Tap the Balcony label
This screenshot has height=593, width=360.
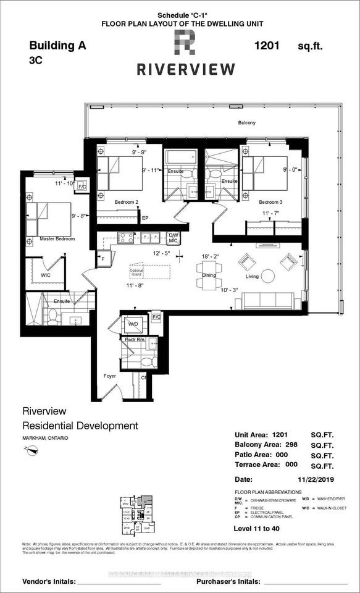(246, 123)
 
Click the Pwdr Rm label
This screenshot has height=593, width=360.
(132, 340)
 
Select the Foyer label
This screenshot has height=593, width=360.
(109, 375)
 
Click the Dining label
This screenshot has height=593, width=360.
(208, 276)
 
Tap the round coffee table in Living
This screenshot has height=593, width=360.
(267, 275)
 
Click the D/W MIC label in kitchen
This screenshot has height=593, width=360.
(174, 238)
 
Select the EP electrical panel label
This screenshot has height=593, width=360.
(145, 218)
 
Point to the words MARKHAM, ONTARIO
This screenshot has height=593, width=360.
(46, 438)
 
